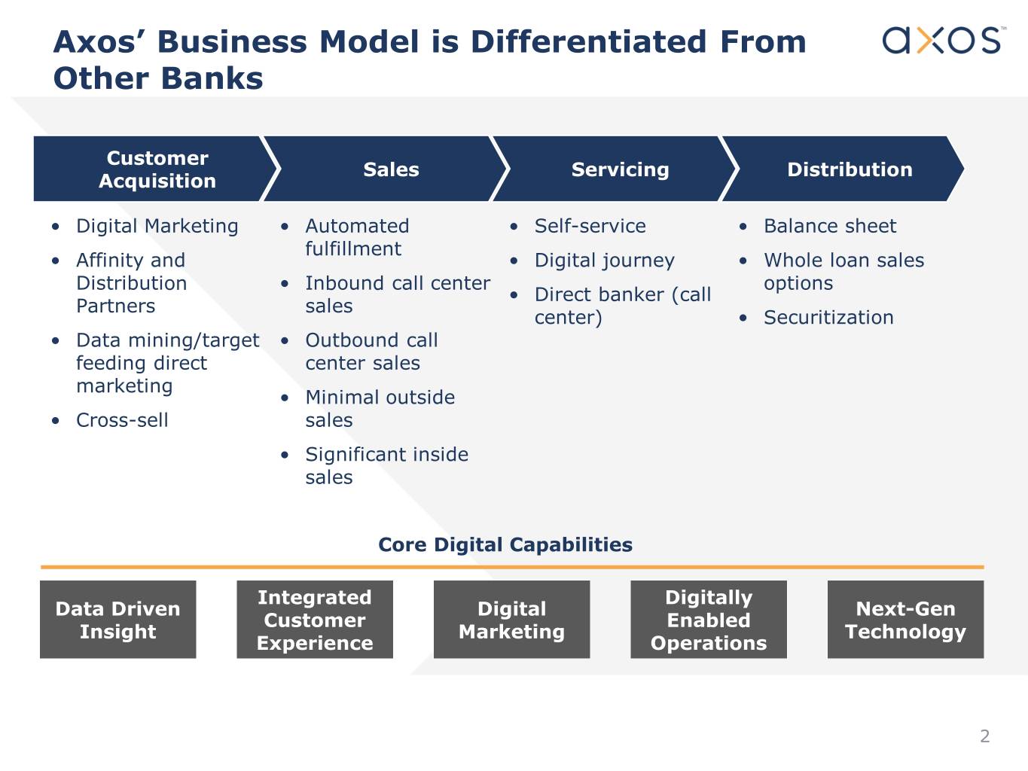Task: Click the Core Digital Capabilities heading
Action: click(505, 544)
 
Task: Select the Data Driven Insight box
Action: click(118, 620)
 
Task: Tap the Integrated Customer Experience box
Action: click(315, 620)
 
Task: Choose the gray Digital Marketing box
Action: click(512, 620)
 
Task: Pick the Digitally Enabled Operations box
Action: click(709, 620)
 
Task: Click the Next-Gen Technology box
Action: click(906, 620)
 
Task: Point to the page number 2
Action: click(985, 736)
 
